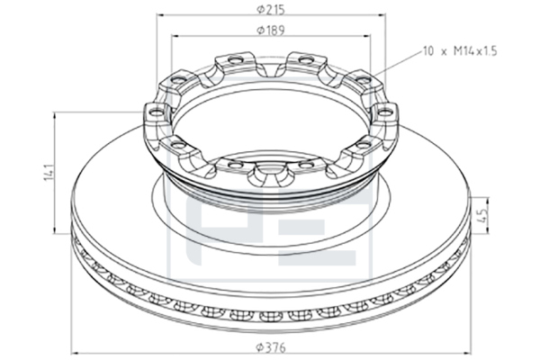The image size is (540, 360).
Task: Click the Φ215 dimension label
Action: tap(271, 10)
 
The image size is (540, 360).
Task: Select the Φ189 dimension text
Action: tap(271, 31)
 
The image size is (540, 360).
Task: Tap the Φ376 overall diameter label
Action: tap(271, 347)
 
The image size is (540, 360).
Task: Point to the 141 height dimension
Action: tap(49, 173)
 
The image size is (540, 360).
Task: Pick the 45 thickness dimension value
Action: tap(484, 216)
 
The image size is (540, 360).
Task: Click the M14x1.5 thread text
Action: tap(475, 51)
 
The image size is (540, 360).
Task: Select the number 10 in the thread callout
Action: tap(428, 51)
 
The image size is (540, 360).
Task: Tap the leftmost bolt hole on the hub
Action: tap(156, 112)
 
